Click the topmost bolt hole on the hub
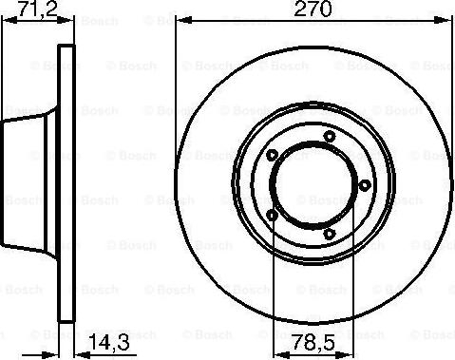(329, 137)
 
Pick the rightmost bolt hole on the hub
(365, 185)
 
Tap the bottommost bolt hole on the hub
(329, 233)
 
